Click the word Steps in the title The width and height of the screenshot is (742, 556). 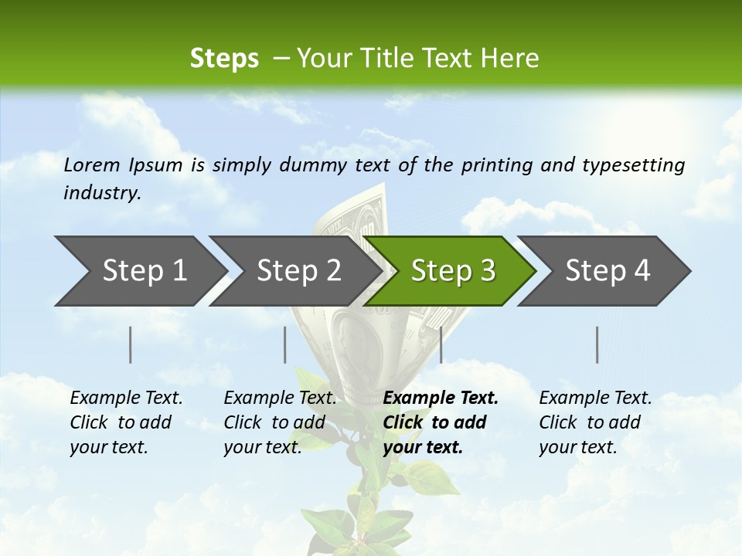pos(224,59)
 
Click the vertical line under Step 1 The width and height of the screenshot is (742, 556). pos(131,344)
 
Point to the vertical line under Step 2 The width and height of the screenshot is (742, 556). pos(285,344)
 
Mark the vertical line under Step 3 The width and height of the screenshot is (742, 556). pos(441,344)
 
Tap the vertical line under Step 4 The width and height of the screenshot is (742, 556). pos(597,344)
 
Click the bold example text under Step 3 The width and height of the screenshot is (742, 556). pos(439,422)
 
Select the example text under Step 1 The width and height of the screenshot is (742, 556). pos(125,422)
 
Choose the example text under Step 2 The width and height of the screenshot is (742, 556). pos(279,422)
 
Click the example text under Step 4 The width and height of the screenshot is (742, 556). pos(594,422)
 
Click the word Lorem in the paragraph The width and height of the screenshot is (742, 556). pos(92,164)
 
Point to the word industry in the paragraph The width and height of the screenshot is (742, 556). pos(101,193)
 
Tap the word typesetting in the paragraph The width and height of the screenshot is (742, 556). pos(633,164)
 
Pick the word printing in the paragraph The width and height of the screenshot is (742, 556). pos(495,164)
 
